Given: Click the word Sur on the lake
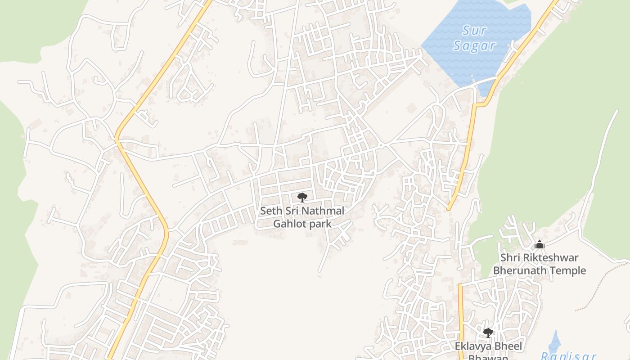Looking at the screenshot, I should (x=474, y=31).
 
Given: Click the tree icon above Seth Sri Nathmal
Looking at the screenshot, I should (x=302, y=197).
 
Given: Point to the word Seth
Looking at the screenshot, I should (x=271, y=211).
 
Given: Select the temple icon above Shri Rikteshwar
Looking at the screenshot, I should (x=540, y=245).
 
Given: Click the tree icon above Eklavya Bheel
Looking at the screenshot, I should (x=488, y=333).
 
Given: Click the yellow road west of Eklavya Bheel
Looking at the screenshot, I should (x=460, y=315).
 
